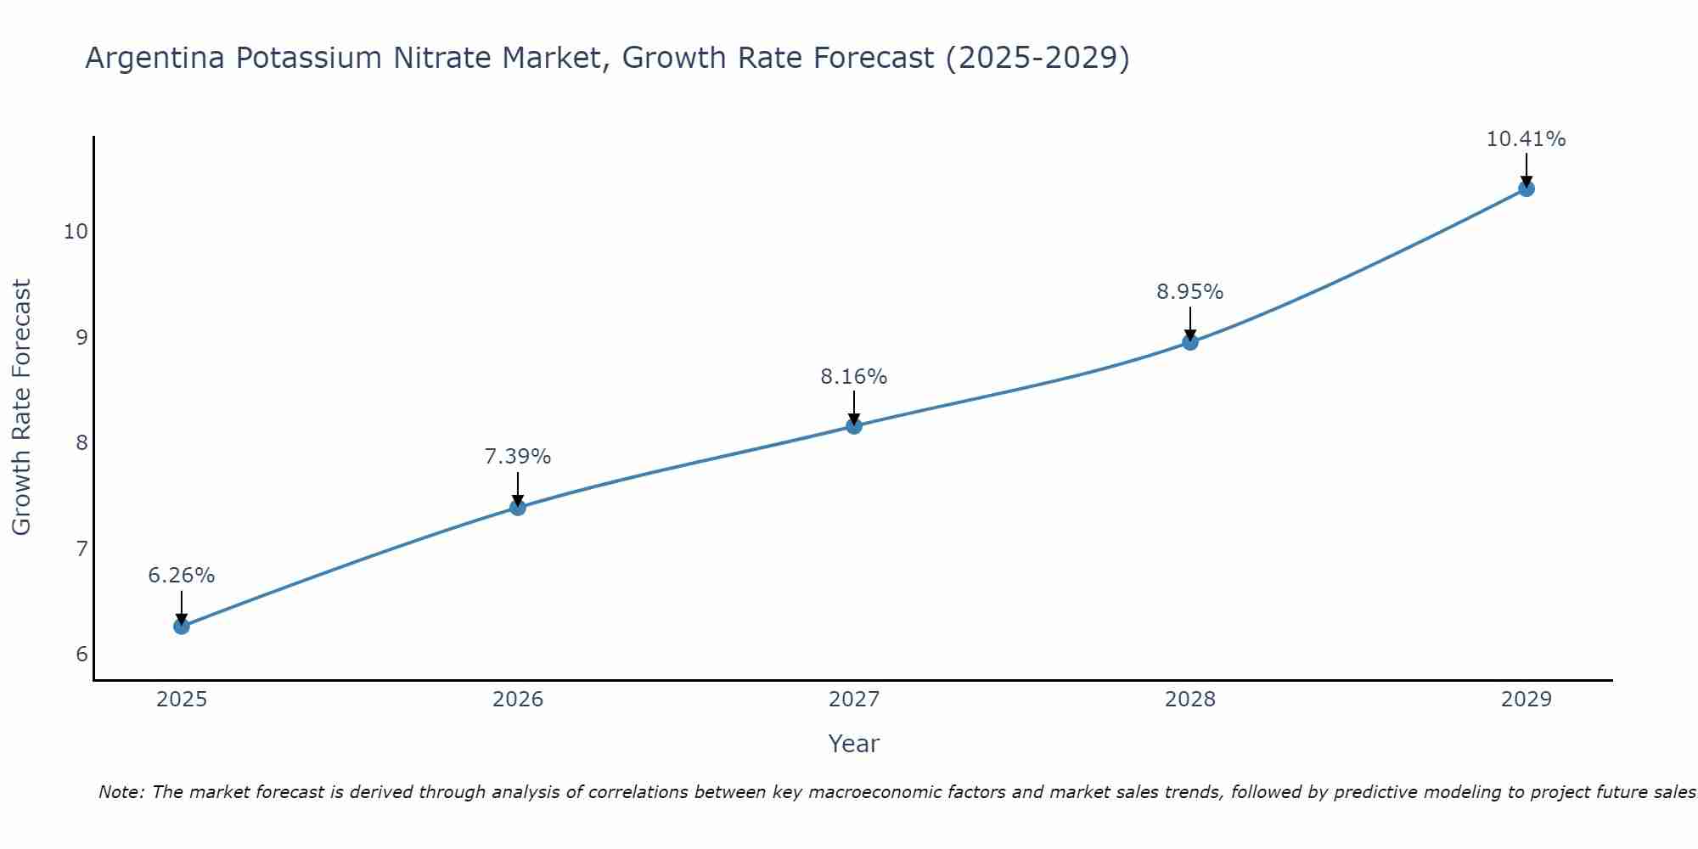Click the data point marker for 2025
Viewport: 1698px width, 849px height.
point(182,627)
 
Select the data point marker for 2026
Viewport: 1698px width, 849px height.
point(518,508)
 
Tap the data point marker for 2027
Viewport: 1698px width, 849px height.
point(854,426)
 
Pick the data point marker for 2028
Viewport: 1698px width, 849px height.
point(1190,342)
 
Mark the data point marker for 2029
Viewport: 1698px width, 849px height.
point(1527,188)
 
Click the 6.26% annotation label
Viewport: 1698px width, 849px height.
point(182,576)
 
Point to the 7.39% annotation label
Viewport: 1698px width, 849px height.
point(518,457)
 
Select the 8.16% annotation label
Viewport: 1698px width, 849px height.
point(854,376)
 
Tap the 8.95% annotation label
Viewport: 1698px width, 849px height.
point(1190,292)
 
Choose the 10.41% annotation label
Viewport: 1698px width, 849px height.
point(1526,139)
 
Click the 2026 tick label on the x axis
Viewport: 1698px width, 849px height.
point(518,700)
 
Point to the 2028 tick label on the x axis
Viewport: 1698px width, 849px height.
point(1190,700)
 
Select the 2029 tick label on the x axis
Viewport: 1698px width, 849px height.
point(1527,700)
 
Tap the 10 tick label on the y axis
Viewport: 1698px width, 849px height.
point(76,232)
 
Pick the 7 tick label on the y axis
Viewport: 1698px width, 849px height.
point(82,548)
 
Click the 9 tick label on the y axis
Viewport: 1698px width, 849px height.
point(82,338)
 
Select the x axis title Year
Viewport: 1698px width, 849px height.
point(854,744)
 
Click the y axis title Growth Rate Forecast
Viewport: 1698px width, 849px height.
point(22,408)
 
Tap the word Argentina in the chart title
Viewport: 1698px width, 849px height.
point(155,59)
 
